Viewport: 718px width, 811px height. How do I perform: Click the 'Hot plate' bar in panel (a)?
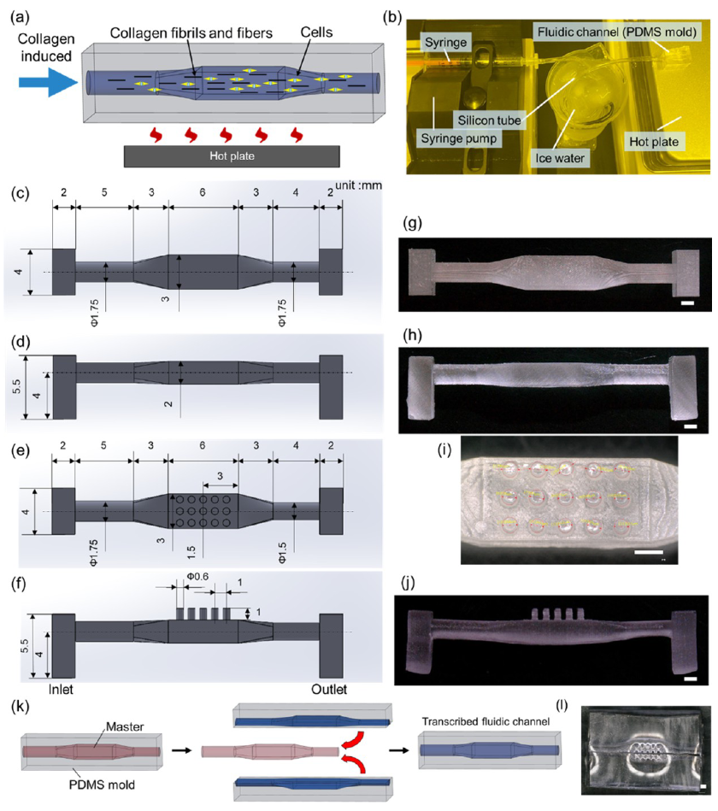pos(232,156)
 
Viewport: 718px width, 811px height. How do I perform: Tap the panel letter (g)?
pos(412,225)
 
